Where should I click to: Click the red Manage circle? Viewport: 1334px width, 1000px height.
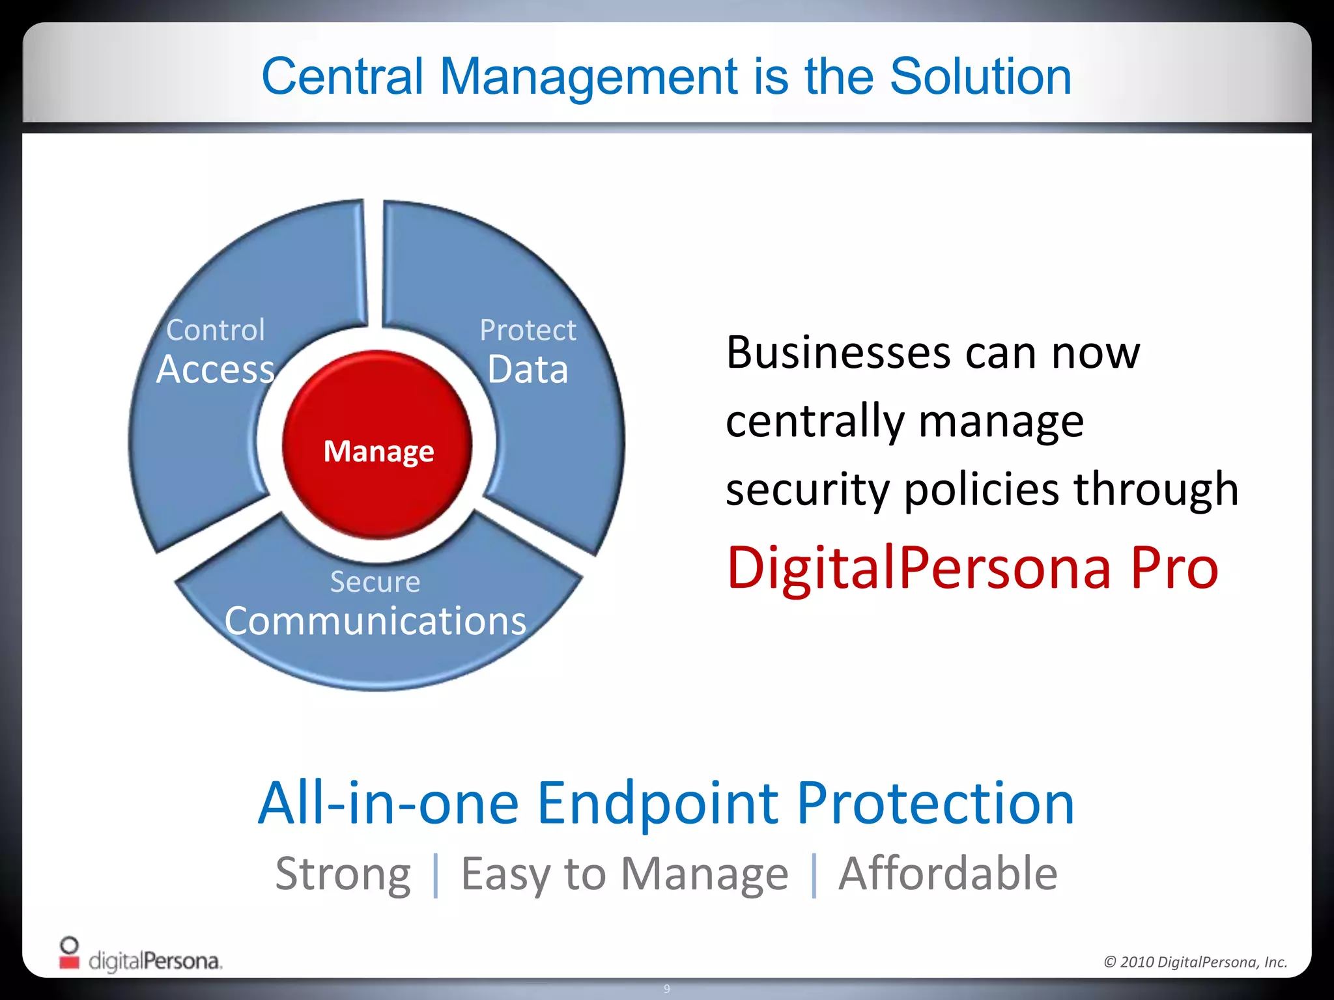(378, 445)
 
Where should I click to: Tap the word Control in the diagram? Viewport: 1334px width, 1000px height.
(216, 330)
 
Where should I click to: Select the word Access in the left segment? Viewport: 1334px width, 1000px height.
(216, 370)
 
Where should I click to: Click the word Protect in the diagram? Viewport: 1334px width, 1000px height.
(528, 330)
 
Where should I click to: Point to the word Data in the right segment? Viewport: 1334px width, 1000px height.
(528, 370)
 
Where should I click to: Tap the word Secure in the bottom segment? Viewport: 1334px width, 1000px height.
(375, 581)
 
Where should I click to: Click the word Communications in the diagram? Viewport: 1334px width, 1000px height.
(375, 621)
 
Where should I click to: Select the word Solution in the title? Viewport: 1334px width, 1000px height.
(980, 76)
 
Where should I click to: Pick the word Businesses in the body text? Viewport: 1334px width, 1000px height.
(838, 353)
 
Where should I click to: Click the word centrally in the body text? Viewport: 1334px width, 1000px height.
(815, 422)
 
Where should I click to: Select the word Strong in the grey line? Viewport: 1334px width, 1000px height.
(343, 874)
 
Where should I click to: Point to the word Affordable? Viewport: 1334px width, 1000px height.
(948, 874)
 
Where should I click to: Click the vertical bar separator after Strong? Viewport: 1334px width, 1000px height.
(436, 875)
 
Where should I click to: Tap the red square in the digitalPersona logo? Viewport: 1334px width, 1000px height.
(69, 961)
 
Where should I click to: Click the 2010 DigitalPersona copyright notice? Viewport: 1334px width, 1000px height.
(1195, 962)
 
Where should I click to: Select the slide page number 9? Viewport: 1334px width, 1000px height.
(666, 989)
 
